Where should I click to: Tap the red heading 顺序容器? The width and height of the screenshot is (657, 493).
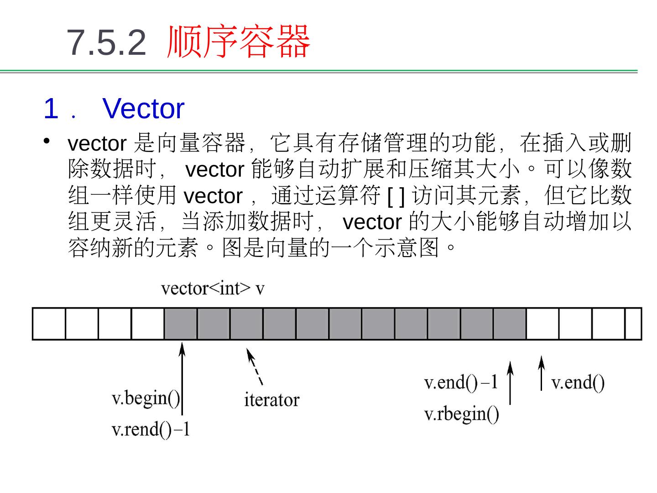(x=238, y=42)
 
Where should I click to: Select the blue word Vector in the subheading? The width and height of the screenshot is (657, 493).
(x=143, y=109)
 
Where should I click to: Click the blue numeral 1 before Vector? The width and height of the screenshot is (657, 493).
(x=51, y=109)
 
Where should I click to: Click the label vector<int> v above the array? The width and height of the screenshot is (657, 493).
(x=213, y=288)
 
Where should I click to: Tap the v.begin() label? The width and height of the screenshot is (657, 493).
(x=146, y=398)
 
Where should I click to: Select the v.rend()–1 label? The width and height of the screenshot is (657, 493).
(x=151, y=429)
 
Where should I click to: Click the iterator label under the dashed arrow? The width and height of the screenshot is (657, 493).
(x=271, y=400)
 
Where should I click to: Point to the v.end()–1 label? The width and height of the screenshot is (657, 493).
(x=461, y=382)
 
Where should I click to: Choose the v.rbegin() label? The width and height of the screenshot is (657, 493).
(x=462, y=414)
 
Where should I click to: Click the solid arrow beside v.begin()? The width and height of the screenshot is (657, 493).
(x=182, y=379)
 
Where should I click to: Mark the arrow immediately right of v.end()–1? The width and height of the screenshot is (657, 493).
(x=510, y=383)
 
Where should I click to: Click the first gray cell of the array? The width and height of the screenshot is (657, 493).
(x=181, y=324)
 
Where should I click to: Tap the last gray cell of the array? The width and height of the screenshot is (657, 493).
(x=510, y=324)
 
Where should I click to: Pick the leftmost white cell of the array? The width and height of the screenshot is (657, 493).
(x=49, y=324)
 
